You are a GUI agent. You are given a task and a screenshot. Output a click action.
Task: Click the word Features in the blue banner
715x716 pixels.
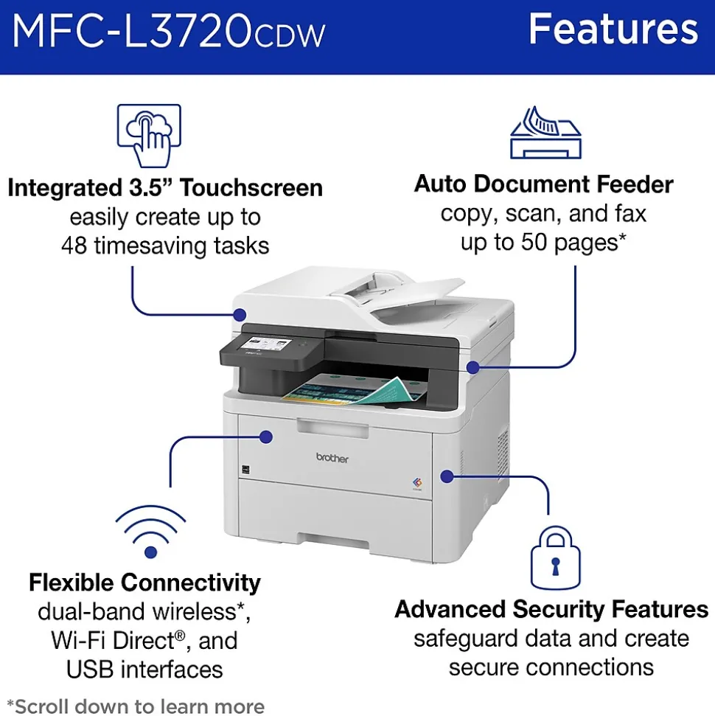coord(613,29)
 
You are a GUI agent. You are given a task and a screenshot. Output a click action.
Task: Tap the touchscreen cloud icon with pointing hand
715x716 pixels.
coord(149,136)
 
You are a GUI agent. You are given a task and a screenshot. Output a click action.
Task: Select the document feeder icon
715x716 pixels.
coord(545,133)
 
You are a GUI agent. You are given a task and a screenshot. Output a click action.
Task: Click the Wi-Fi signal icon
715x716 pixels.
coord(150,532)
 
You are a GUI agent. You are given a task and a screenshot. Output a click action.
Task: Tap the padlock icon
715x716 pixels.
coord(555,557)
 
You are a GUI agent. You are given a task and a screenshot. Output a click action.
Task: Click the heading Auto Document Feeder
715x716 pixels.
coord(543,184)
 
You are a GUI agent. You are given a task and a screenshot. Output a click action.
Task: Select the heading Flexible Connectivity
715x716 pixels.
coord(144,583)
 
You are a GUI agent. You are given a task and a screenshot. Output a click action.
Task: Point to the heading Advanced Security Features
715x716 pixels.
coord(551,609)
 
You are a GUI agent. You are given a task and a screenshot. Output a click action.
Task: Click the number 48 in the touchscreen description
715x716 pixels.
coord(74,246)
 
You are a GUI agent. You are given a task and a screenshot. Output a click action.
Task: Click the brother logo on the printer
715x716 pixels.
coord(332,458)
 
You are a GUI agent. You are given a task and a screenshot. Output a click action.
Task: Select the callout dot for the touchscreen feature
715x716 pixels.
coord(240,315)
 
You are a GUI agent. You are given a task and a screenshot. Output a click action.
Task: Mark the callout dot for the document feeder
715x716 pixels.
coord(473,366)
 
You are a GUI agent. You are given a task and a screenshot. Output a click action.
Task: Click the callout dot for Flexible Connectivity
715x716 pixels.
coord(265,437)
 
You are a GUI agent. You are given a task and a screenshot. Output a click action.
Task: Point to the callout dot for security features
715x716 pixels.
coord(447,476)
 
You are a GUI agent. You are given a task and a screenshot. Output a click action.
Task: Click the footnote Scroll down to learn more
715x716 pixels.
coord(136,706)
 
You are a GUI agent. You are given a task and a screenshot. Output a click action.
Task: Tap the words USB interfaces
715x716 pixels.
coord(144,670)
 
